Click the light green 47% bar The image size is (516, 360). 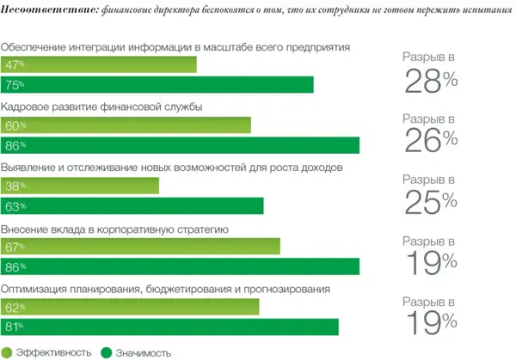pyautogui.click(x=100, y=65)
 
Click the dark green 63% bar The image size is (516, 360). pyautogui.click(x=133, y=205)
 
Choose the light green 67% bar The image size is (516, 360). pyautogui.click(x=141, y=247)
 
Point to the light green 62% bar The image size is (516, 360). pyautogui.click(x=130, y=307)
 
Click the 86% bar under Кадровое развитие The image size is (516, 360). pyautogui.click(x=181, y=145)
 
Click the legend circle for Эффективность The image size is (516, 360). pyautogui.click(x=8, y=351)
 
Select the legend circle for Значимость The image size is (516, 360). pyautogui.click(x=107, y=351)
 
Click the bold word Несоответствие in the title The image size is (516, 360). pyautogui.click(x=46, y=10)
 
